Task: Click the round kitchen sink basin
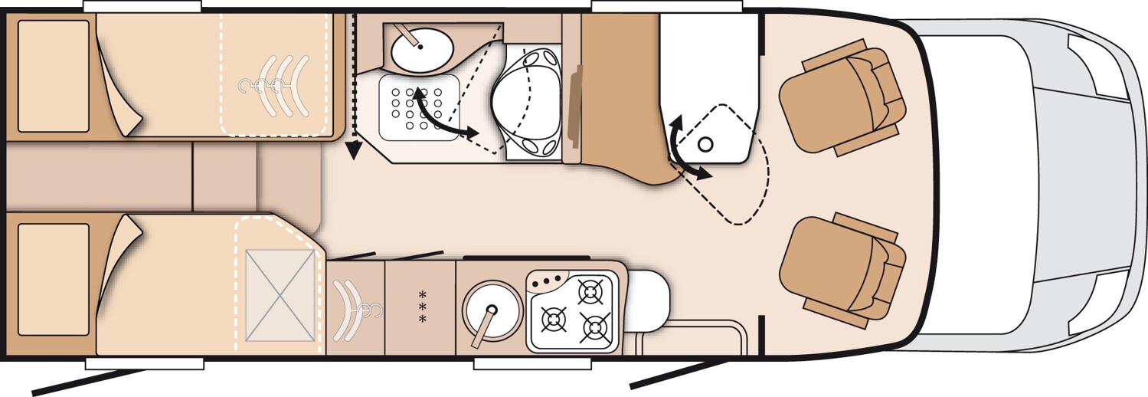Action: tap(491, 309)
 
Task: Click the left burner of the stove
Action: tap(553, 318)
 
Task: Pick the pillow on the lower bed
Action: tap(54, 279)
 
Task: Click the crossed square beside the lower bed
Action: tap(281, 295)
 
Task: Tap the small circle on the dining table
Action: tap(707, 143)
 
